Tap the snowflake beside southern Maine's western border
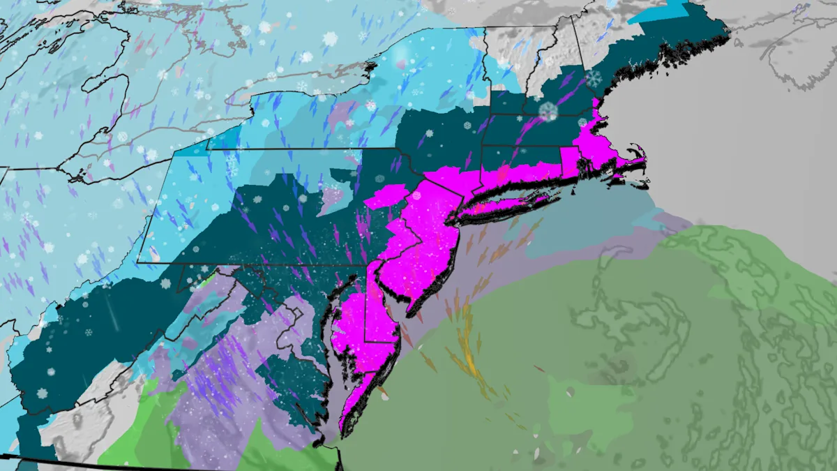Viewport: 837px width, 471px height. tap(594, 78)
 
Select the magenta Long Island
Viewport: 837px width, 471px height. tap(506, 202)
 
